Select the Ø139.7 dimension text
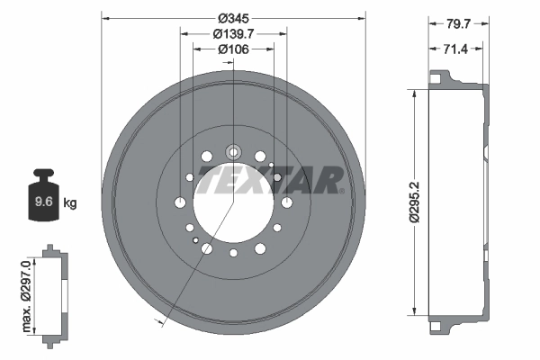click(234, 33)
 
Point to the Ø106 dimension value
click(233, 49)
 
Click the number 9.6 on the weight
click(41, 202)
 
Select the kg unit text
click(70, 202)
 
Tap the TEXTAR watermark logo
click(271, 179)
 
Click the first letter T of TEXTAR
click(209, 179)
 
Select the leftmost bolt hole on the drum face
click(180, 202)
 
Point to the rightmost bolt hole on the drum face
click(286, 202)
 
